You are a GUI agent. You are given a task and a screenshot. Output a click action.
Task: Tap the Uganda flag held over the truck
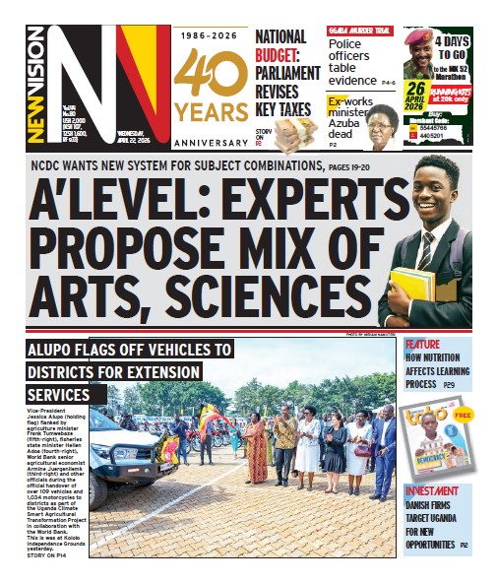[x=210, y=424]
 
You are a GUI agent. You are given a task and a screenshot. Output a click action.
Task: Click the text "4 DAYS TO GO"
[x=466, y=47]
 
